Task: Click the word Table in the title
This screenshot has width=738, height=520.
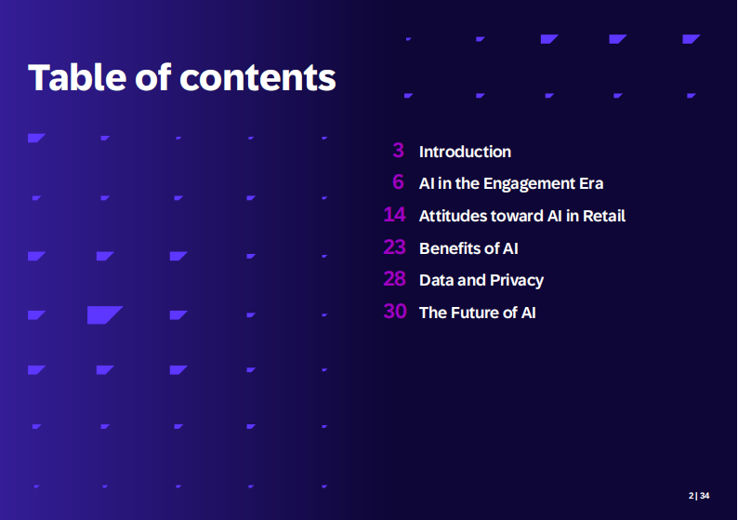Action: (x=77, y=77)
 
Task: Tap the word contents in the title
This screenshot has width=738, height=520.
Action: (x=257, y=78)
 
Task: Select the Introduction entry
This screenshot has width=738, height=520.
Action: (x=465, y=152)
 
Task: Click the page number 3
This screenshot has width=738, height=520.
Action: (x=398, y=151)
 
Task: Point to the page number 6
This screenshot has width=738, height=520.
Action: (x=398, y=182)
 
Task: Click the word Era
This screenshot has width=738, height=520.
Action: (x=591, y=183)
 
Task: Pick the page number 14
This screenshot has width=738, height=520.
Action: (x=394, y=214)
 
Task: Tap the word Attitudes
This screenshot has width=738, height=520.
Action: (x=453, y=216)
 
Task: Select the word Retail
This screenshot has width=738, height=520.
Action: (x=604, y=216)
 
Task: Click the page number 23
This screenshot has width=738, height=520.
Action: (x=394, y=247)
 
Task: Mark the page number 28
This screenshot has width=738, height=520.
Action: (x=394, y=279)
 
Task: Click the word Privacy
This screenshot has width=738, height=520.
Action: (x=517, y=281)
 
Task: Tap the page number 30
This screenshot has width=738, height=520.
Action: (x=395, y=312)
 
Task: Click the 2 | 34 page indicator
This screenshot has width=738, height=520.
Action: (x=699, y=496)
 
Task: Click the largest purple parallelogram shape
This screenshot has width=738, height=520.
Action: (x=104, y=314)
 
